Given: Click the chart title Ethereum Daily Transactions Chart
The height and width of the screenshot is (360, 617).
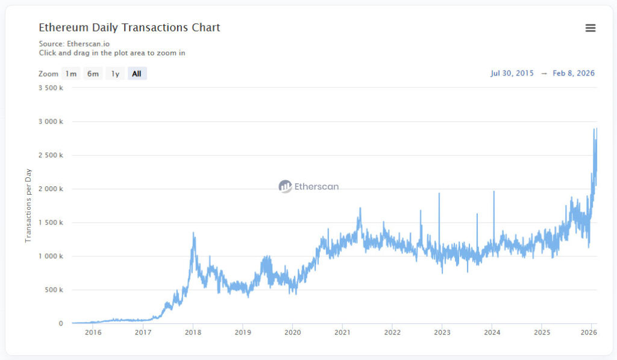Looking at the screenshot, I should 130,28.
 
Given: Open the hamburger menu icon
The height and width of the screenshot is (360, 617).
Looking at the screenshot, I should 590,28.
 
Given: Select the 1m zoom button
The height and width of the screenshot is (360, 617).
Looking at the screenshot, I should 71,74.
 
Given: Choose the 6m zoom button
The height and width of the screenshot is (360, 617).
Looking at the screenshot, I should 93,74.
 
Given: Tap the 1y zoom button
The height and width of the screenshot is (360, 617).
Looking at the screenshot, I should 114,74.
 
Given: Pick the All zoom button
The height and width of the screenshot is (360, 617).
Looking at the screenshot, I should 137,74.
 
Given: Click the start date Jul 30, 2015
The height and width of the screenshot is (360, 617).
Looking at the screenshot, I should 512,74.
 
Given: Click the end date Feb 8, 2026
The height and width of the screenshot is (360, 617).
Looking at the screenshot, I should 574,74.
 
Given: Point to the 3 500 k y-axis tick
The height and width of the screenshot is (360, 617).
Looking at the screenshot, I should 50,88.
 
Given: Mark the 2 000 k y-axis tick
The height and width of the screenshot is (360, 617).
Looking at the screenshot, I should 50,189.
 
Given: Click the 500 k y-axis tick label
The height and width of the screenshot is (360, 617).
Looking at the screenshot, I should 53,290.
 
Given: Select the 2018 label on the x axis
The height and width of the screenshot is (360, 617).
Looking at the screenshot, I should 193,332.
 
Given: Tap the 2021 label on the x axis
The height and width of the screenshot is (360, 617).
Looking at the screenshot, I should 342,332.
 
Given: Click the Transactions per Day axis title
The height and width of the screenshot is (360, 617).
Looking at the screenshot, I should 28,206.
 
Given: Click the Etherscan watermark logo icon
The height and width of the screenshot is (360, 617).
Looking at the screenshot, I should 285,186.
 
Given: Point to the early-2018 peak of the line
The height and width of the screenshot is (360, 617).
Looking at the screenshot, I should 193,233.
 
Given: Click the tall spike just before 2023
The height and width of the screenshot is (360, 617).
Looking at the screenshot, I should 439,194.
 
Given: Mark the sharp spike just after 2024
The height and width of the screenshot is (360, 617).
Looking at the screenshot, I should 493,192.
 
